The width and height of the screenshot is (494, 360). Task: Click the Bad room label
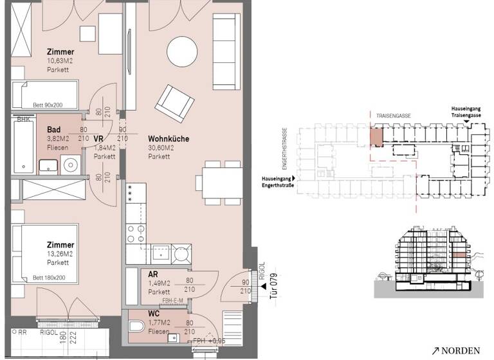(53, 129)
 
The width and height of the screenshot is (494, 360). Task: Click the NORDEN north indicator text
(461, 350)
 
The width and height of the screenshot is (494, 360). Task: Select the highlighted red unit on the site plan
(376, 136)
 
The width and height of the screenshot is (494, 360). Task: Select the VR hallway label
(99, 138)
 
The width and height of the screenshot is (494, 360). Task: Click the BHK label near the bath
(23, 120)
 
